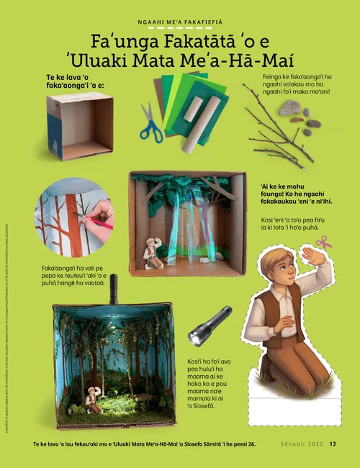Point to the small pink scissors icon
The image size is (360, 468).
[x=323, y=243]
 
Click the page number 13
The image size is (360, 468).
[x=333, y=444]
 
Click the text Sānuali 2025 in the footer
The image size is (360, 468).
[x=301, y=444]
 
